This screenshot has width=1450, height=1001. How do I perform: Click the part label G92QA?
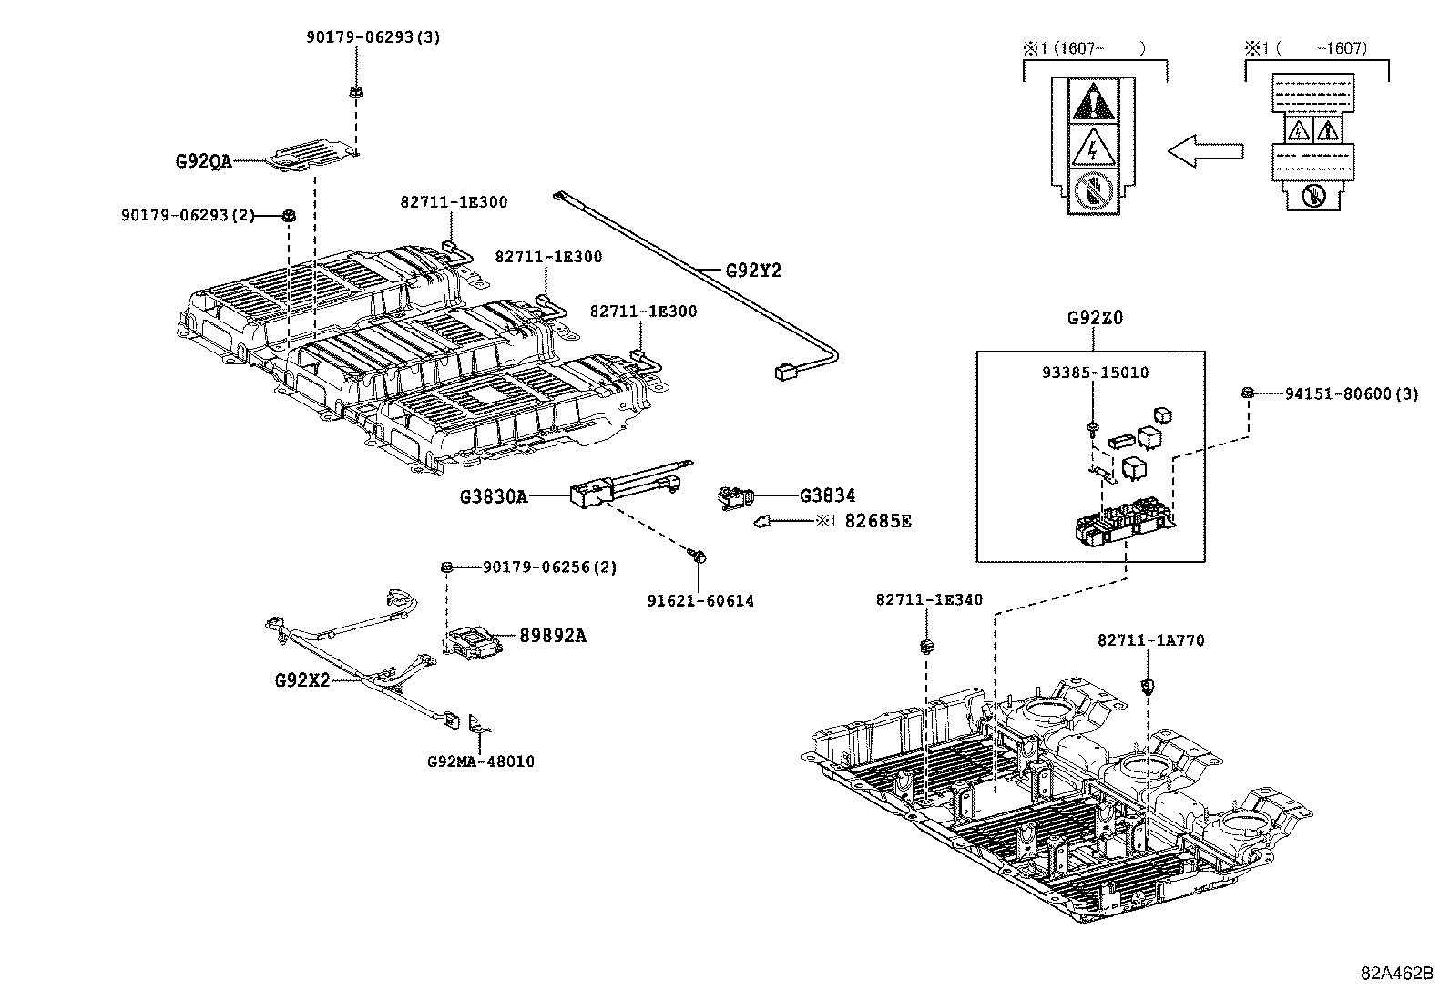(203, 161)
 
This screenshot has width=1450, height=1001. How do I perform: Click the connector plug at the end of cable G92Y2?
(784, 372)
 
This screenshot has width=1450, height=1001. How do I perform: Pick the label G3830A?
(493, 496)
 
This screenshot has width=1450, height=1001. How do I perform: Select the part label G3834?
(827, 495)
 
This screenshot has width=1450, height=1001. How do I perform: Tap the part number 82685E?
(877, 521)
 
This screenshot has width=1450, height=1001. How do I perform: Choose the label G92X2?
(301, 680)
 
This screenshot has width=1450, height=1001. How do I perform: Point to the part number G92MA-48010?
(480, 761)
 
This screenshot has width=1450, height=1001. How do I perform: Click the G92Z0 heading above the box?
(1094, 319)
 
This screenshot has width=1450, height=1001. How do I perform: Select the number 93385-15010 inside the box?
(1095, 373)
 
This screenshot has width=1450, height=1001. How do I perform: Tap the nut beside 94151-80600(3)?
(1248, 393)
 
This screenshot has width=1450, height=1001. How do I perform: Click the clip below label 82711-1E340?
(927, 647)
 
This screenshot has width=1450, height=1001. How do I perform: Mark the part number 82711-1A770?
(1150, 640)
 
